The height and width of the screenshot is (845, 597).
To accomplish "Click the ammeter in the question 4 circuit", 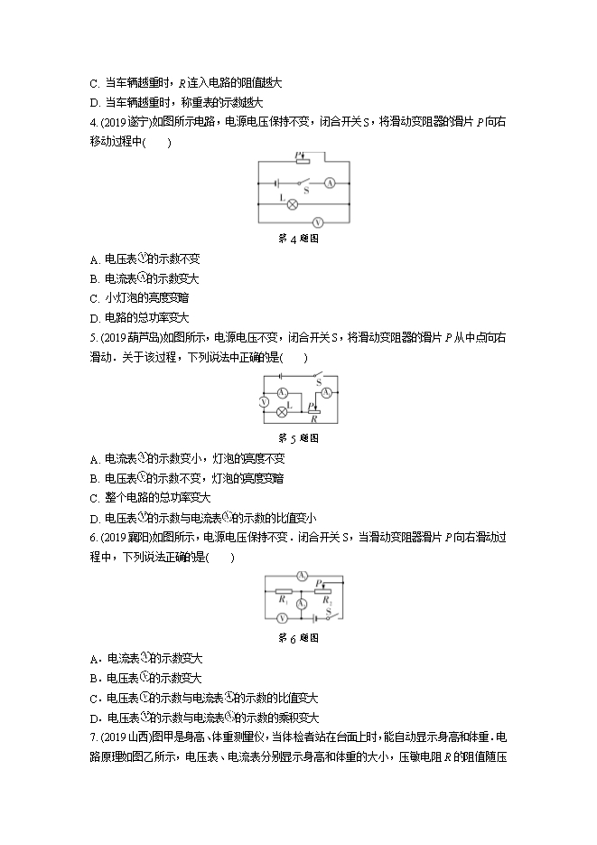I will pos(330,183).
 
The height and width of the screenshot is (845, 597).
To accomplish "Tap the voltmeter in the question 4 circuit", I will pos(317,221).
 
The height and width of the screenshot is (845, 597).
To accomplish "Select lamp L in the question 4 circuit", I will pos(292,203).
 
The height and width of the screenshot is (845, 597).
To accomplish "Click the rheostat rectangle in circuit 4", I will pos(303,162).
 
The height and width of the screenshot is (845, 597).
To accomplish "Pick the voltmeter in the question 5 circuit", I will pos(263,400).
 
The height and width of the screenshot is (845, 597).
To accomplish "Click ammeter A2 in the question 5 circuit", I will pos(329,391).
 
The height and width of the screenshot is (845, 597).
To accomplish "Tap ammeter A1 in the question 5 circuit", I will pos(282,392).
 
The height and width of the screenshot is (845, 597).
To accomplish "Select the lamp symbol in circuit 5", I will pos(281,411).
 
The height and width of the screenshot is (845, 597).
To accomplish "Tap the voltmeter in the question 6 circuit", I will pos(282,618).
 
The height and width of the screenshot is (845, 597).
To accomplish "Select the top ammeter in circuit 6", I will pos(303,575).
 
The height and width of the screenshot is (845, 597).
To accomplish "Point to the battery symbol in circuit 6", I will pos(314,618).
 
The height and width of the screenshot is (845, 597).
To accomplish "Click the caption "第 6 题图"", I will pos(297,638).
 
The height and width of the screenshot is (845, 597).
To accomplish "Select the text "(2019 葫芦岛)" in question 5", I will pos(128,337).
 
